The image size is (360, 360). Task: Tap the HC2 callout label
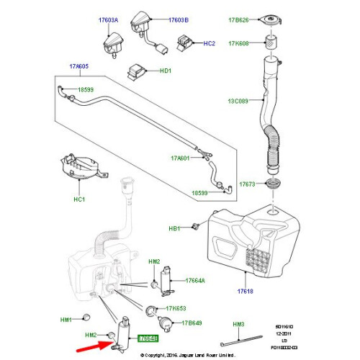[209, 44]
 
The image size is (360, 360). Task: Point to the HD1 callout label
[165, 71]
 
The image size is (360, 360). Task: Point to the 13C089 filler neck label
[238, 102]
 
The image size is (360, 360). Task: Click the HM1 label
[67, 320]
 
